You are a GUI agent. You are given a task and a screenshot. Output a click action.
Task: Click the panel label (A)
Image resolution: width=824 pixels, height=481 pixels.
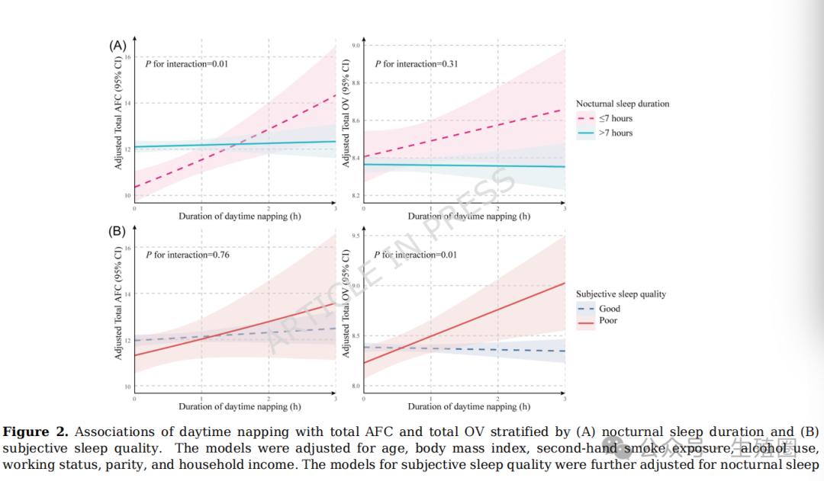[x=117, y=46]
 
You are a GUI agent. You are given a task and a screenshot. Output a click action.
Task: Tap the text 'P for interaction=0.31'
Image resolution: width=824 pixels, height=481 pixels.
[x=416, y=64]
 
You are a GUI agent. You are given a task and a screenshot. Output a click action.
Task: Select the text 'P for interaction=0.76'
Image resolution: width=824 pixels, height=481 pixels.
[x=187, y=255]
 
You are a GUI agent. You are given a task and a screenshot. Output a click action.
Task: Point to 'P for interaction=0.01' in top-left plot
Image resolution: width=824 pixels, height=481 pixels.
[x=187, y=64]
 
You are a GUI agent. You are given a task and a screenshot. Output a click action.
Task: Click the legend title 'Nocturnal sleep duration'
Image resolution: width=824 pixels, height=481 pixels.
[x=623, y=104]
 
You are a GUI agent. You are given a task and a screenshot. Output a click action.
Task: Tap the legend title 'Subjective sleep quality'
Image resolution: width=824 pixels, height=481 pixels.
[x=621, y=294]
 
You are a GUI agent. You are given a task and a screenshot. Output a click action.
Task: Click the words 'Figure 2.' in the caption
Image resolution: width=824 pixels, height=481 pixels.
[x=36, y=432]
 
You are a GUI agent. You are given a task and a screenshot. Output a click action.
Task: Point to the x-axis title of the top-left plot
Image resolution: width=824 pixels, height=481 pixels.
[x=240, y=216]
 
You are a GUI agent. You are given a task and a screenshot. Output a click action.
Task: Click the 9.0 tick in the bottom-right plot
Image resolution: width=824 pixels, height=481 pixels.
[x=356, y=287]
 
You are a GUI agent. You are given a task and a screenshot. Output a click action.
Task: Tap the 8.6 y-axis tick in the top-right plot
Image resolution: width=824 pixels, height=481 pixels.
[x=356, y=121]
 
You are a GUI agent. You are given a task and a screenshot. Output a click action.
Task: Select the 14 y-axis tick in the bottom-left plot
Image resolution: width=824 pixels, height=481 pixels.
[x=127, y=294]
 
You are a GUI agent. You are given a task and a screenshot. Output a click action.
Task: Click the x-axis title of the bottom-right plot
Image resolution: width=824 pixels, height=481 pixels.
[x=468, y=406]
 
